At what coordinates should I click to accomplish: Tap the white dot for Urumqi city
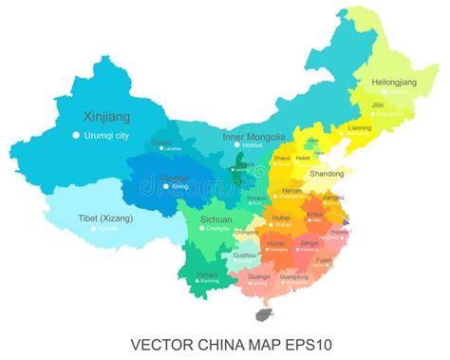pyautogui.click(x=77, y=135)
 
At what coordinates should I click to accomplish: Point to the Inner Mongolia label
pyautogui.click(x=253, y=136)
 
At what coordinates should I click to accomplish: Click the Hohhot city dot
pyautogui.click(x=235, y=145)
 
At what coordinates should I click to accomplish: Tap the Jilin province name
pyautogui.click(x=378, y=105)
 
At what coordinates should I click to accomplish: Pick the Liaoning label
pyautogui.click(x=360, y=126)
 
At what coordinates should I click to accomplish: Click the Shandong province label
pyautogui.click(x=328, y=174)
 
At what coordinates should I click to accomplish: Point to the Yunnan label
pyautogui.click(x=207, y=274)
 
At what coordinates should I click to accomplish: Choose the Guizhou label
pyautogui.click(x=245, y=255)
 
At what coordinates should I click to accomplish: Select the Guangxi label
pyautogui.click(x=257, y=275)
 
